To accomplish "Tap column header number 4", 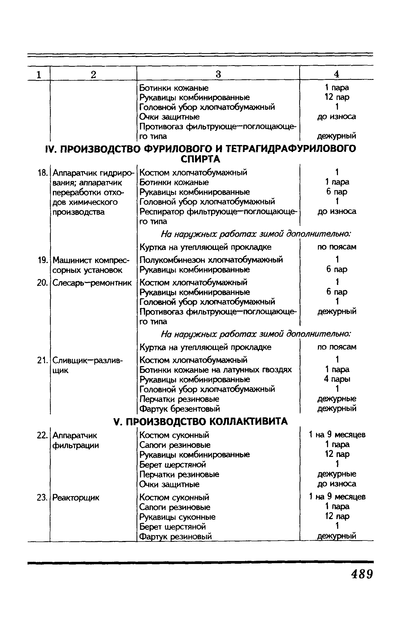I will [x=337, y=74].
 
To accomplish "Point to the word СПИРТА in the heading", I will [x=200, y=159].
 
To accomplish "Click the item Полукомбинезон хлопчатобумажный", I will [x=211, y=260].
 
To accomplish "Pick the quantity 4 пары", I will [x=337, y=379].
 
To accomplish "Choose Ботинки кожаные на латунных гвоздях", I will [x=216, y=370].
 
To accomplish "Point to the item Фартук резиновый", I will [x=176, y=536].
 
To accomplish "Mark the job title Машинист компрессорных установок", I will [x=91, y=265].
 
